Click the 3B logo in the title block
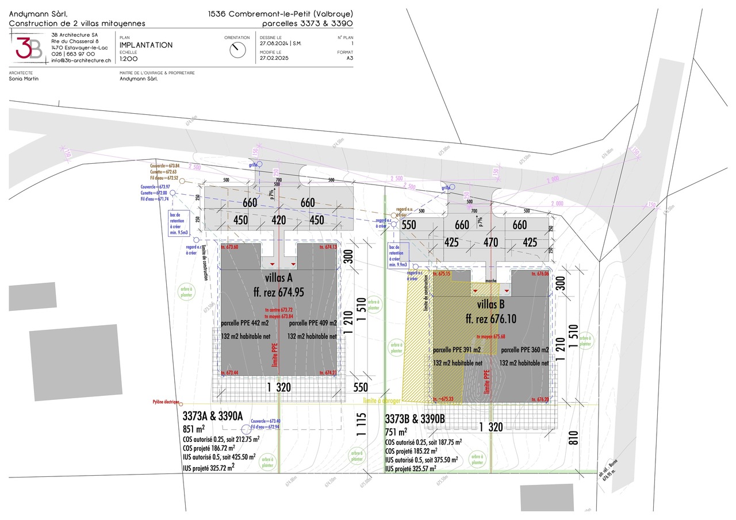[29, 47]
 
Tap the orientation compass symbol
[236, 50]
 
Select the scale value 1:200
[129, 59]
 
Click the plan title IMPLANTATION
[146, 45]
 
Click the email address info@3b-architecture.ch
[81, 60]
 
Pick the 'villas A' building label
[278, 278]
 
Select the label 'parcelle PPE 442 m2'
[245, 323]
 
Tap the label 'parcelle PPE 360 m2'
[525, 349]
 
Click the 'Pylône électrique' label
[166, 402]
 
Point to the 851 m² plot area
[194, 429]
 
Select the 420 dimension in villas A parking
[278, 220]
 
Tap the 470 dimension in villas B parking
[490, 242]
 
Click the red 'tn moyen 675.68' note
[491, 337]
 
